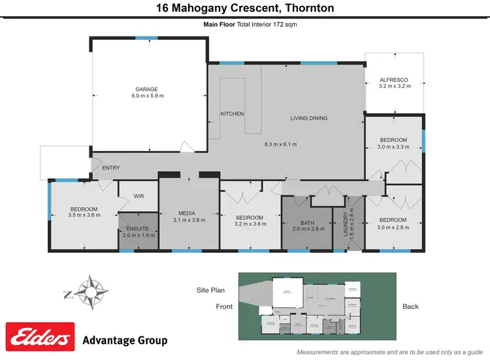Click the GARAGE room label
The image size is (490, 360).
146,89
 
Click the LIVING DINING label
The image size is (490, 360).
309,118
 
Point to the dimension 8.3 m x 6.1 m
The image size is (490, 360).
280,144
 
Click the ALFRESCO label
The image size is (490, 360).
394,80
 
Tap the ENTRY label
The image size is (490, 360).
111,168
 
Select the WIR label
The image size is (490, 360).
138,195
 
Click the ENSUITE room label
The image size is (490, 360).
138,228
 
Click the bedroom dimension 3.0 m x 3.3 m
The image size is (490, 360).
394,147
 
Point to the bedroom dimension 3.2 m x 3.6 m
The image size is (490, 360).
250,225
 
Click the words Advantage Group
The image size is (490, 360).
125,340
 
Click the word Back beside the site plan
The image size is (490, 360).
410,306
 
